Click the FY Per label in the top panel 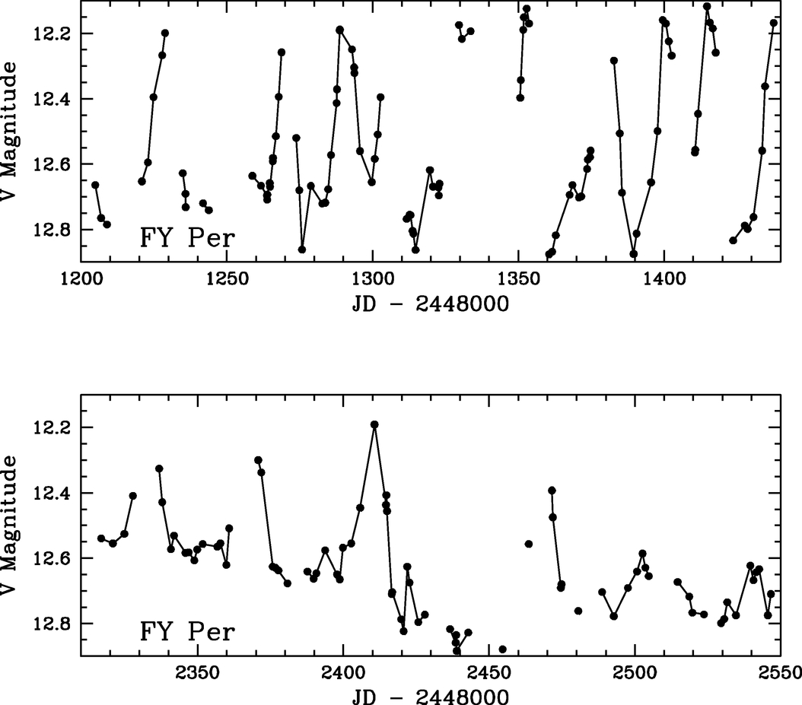click(186, 238)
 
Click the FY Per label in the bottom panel click(186, 631)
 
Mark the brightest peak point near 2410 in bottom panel click(374, 424)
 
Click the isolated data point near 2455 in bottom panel click(502, 649)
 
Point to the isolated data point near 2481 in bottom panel click(578, 611)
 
